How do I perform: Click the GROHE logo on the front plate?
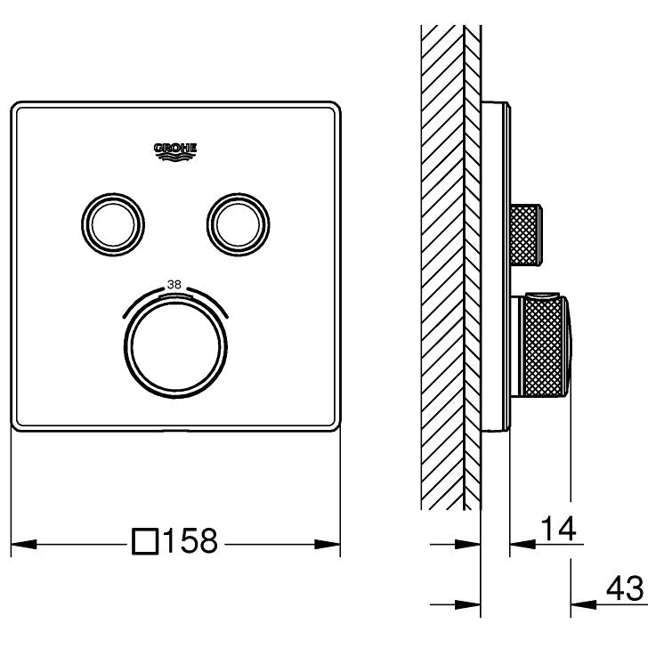click(175, 151)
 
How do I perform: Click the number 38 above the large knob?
click(174, 284)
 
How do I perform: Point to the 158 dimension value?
click(190, 540)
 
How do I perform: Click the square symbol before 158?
click(145, 541)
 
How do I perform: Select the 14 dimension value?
click(558, 528)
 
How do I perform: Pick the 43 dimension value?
click(625, 588)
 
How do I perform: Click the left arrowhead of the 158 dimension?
click(23, 544)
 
